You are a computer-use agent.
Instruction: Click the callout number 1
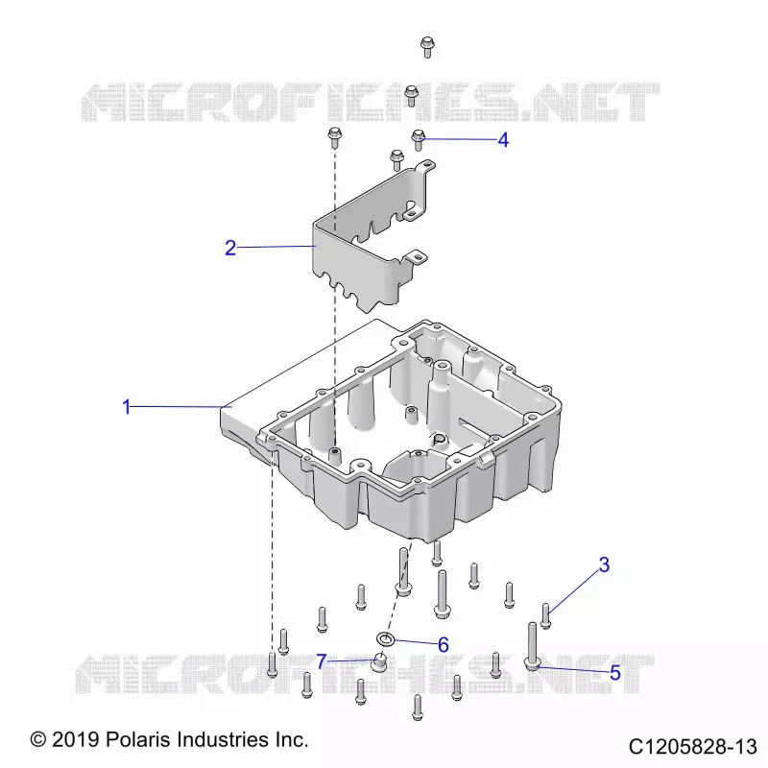pos(127,406)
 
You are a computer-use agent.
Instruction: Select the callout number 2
pos(230,248)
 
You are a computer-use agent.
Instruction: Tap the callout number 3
pos(604,564)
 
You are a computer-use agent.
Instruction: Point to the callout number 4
pos(503,140)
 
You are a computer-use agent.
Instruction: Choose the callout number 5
pos(615,673)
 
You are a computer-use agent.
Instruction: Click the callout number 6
pos(443,645)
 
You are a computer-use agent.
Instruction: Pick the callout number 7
pos(322,661)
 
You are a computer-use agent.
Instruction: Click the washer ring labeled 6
pos(386,638)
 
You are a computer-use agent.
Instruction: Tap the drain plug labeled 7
pos(378,662)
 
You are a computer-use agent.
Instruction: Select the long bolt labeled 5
pos(532,646)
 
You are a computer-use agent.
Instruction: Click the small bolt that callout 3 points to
pos(545,615)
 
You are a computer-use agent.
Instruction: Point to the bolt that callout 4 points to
pos(418,139)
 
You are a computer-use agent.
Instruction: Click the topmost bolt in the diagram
pos(427,47)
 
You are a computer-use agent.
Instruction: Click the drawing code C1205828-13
pos(692,747)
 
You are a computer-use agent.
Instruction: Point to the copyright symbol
pos(38,739)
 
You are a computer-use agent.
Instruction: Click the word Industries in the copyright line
pos(223,739)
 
